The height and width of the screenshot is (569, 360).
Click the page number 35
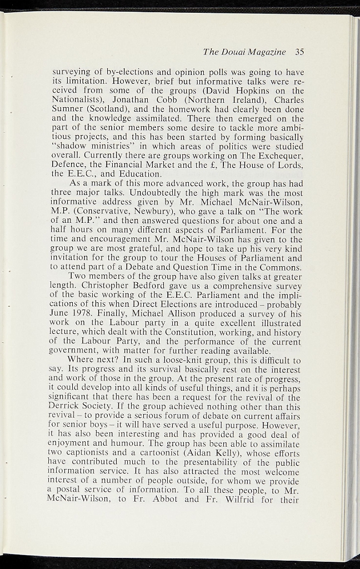pyautogui.click(x=300, y=52)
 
